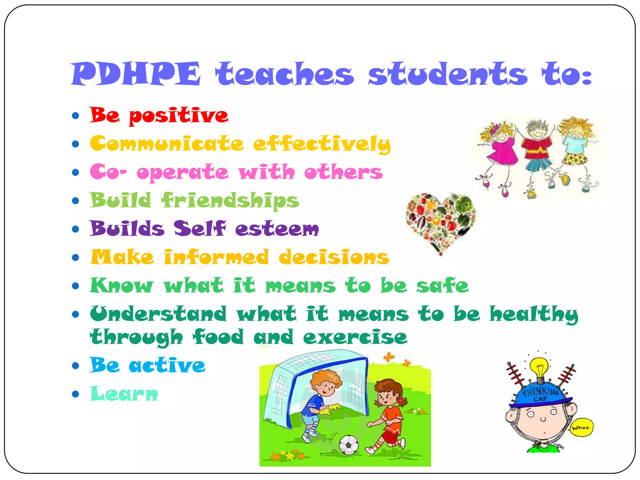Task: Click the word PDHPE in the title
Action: [136, 74]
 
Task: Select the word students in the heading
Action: [447, 74]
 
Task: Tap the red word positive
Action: [178, 116]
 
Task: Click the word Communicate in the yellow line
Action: [167, 144]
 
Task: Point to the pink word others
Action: [343, 172]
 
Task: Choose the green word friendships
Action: [230, 201]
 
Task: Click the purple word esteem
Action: [277, 229]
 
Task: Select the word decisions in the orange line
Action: [334, 257]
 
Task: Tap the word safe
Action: [442, 286]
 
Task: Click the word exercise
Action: [355, 337]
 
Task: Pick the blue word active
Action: [167, 365]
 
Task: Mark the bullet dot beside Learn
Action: [75, 394]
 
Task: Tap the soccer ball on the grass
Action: [349, 445]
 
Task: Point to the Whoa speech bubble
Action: [581, 427]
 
